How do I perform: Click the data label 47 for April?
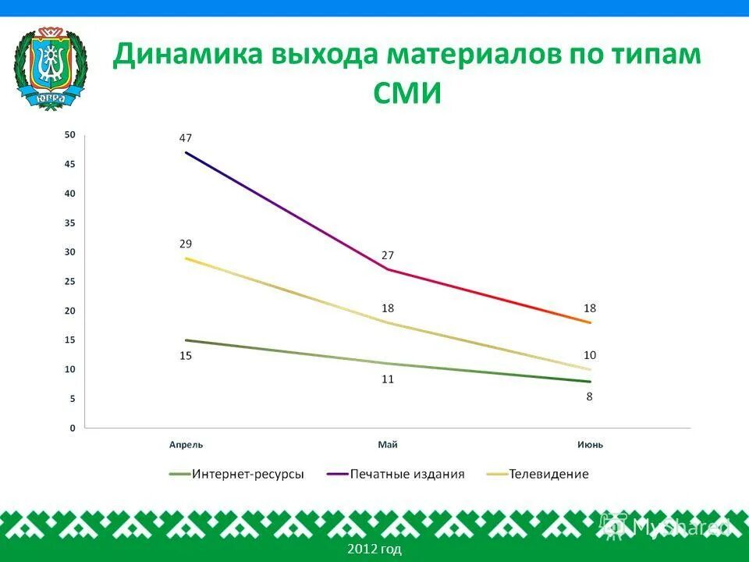185,138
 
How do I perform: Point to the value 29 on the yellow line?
185,244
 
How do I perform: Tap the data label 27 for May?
388,255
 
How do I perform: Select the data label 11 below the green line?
388,379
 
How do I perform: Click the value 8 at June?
590,397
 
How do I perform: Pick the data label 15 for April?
185,356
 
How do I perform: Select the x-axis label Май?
388,445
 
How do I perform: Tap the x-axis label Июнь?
590,445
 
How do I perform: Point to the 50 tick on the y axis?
70,135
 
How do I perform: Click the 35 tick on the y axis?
70,222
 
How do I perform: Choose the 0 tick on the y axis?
73,428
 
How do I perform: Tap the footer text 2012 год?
374,550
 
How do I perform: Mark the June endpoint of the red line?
590,322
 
